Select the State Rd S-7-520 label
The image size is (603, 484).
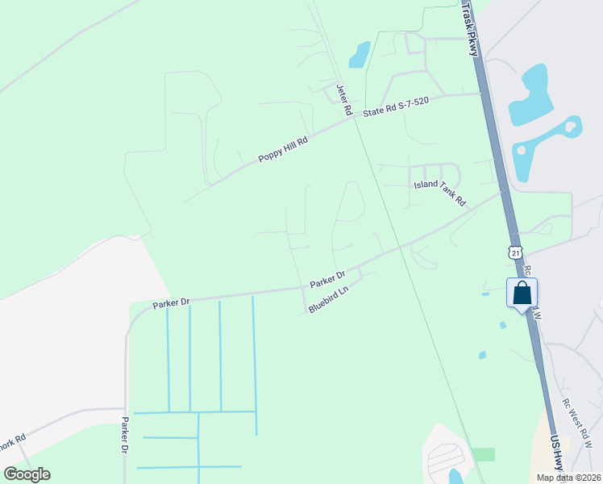(395, 107)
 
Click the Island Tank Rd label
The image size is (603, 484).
(440, 192)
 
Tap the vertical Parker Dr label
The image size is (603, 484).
(124, 434)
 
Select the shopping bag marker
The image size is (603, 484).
(522, 293)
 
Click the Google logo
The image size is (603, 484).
(27, 474)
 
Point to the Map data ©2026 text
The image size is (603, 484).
(568, 478)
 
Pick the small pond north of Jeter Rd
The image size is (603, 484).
(359, 54)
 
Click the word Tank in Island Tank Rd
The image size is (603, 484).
(444, 194)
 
